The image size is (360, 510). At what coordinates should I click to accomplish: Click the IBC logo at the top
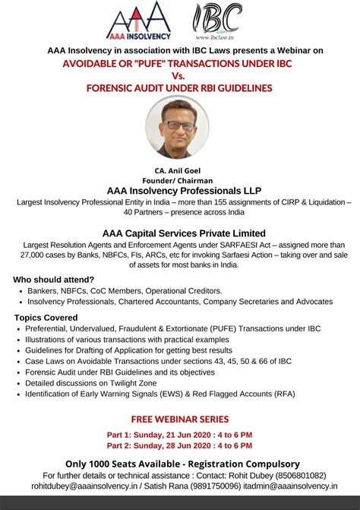pyautogui.click(x=218, y=17)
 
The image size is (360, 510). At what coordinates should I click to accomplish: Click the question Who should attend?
pyautogui.click(x=54, y=279)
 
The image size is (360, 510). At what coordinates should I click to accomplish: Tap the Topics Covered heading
pyautogui.click(x=46, y=317)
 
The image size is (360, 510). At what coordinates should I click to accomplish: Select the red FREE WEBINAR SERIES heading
pyautogui.click(x=180, y=419)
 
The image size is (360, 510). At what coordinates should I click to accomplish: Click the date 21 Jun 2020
pyautogui.click(x=183, y=434)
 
